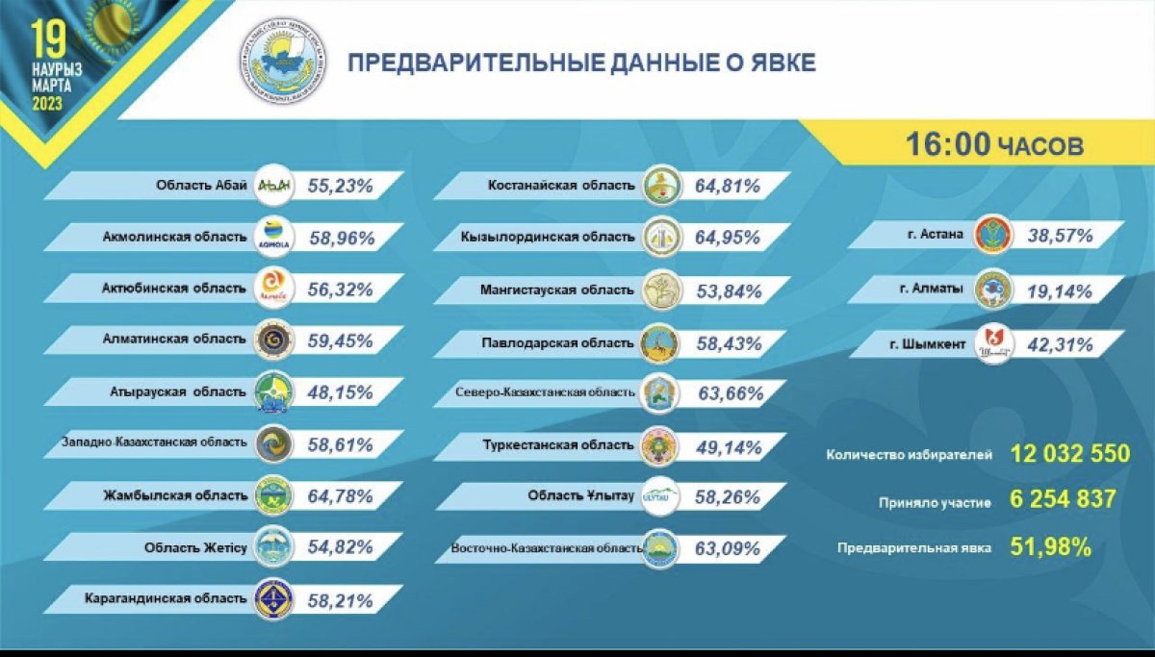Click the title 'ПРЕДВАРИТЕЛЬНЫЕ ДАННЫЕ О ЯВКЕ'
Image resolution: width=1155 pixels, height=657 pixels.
point(581,63)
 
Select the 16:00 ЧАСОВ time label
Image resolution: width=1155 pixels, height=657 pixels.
point(993,145)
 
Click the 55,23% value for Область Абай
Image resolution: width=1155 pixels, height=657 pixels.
point(340,187)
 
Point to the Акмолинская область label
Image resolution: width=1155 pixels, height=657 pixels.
point(174,236)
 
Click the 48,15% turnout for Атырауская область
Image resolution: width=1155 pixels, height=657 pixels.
point(340,392)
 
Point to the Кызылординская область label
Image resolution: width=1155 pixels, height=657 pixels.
point(559,237)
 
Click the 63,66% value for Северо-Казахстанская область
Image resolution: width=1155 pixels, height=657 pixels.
point(729,392)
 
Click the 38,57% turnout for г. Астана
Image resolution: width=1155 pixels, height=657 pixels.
point(1061,234)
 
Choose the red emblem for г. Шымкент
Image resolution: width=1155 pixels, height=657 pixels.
point(992,344)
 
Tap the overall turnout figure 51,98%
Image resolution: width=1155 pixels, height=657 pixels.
point(1050,547)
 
